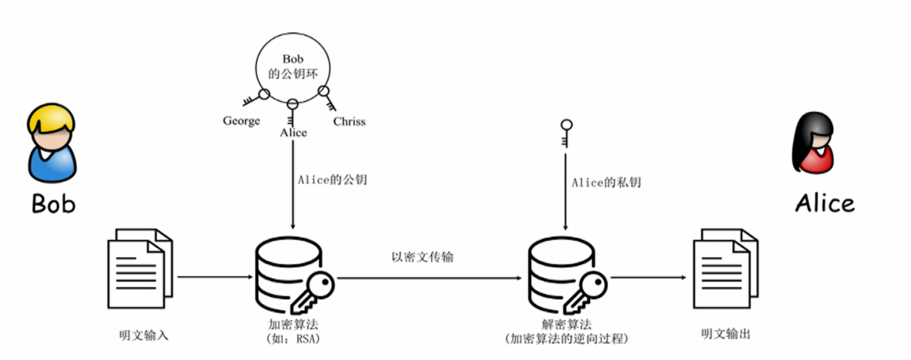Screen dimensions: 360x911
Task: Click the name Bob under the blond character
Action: [x=53, y=203]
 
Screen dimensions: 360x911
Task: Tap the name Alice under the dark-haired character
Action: [x=824, y=203]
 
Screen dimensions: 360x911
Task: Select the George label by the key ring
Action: [x=241, y=121]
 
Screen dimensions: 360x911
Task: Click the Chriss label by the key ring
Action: [x=349, y=121]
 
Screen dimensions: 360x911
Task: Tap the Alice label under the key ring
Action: [x=293, y=133]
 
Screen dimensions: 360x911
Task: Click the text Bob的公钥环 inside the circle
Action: [x=293, y=67]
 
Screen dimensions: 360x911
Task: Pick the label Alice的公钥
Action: [x=332, y=180]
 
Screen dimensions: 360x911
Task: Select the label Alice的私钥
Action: [x=606, y=182]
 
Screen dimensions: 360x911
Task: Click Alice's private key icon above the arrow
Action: [x=566, y=133]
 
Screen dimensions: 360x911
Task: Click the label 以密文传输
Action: [x=422, y=257]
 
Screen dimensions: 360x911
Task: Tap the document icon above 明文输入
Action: [x=140, y=268]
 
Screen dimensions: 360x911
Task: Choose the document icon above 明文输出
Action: [x=725, y=268]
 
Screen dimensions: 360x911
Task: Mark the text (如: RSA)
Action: [x=293, y=338]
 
